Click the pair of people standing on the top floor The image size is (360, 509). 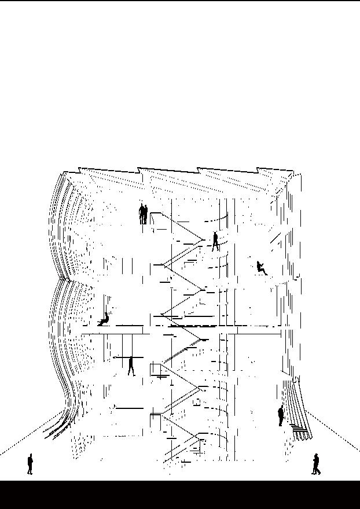tap(143, 214)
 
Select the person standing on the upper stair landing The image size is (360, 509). tap(215, 241)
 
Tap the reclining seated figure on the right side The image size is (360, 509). tap(262, 268)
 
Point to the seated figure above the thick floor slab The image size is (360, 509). tap(104, 319)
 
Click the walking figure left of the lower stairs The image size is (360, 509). tap(131, 366)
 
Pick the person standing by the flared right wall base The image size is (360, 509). tap(281, 416)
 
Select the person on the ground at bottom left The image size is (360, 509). tap(30, 464)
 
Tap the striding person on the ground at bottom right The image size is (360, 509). tap(316, 464)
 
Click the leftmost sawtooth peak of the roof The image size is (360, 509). tap(79, 169)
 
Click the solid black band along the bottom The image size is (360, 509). tap(180, 495)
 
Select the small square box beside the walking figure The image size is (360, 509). tap(155, 369)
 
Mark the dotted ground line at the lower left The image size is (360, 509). tap(29, 434)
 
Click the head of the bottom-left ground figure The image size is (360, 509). tap(30, 456)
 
